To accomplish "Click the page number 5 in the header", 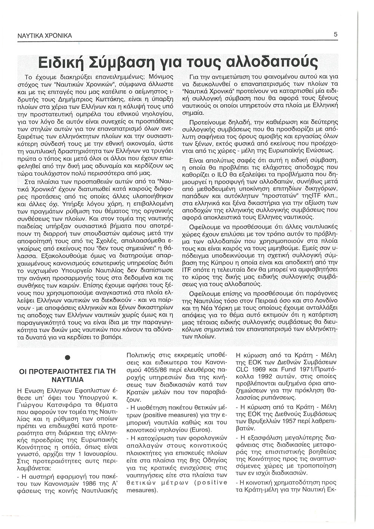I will pos(336,35).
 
